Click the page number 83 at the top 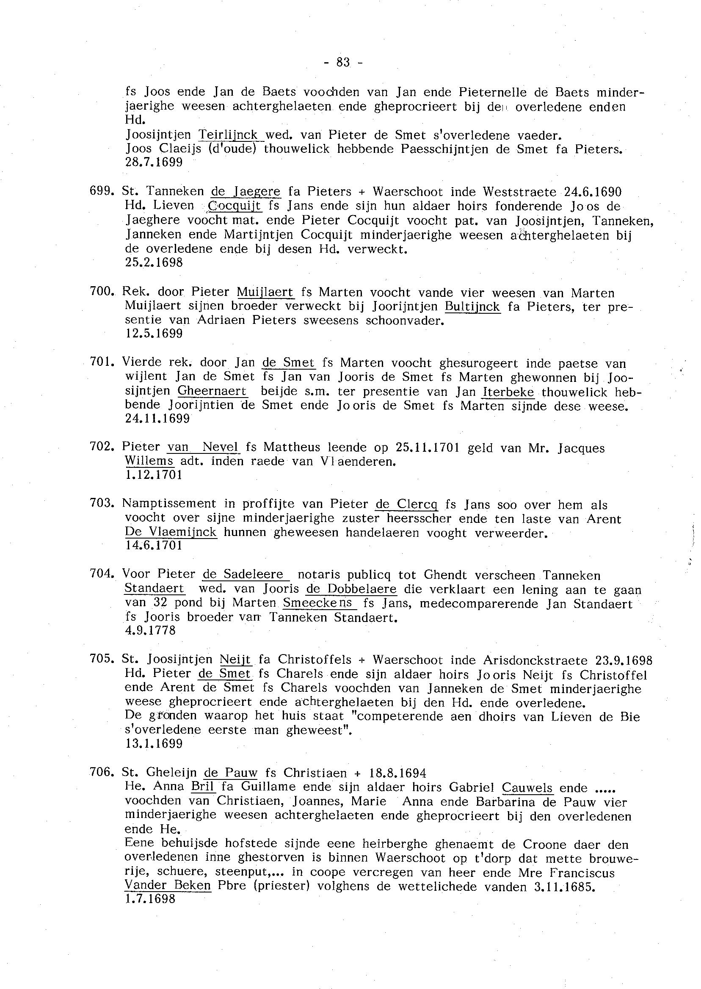pyautogui.click(x=343, y=63)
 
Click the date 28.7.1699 pyautogui.click(x=154, y=163)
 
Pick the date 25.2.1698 pyautogui.click(x=154, y=262)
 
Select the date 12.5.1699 pyautogui.click(x=154, y=333)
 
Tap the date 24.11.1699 pyautogui.click(x=157, y=418)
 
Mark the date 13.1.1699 pyautogui.click(x=154, y=743)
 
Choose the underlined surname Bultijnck pyautogui.click(x=472, y=307)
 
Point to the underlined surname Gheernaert pyautogui.click(x=213, y=392)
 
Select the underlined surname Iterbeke pyautogui.click(x=508, y=392)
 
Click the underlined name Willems pyautogui.click(x=149, y=461)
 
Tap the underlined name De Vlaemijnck pyautogui.click(x=171, y=532)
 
